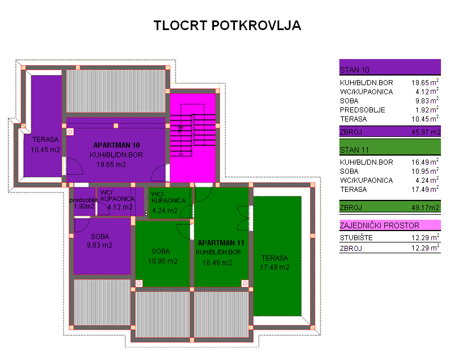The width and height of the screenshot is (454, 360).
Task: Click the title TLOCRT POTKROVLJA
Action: point(228,26)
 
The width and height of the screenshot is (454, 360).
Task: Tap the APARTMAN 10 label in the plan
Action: point(117,145)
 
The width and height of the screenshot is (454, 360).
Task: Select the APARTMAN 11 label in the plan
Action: point(221,242)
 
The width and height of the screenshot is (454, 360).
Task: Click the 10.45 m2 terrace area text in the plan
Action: point(45,150)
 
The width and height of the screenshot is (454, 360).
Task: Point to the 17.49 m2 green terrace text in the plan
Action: point(275,267)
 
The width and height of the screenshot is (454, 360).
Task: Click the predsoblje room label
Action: point(83,200)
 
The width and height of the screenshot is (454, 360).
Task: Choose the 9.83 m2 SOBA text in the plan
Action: point(100,245)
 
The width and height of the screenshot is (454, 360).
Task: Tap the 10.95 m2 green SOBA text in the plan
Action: point(163,261)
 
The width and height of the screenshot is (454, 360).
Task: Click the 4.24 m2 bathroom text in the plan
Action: point(165,211)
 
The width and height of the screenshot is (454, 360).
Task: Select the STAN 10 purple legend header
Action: point(390,67)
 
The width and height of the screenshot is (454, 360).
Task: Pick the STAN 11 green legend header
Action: point(390,147)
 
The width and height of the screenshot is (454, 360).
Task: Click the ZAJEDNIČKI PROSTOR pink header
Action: point(390,225)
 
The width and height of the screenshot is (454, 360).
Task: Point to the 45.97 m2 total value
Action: point(426,132)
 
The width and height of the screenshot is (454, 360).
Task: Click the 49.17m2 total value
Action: point(425,207)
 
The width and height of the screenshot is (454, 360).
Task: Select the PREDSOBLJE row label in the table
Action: point(363,110)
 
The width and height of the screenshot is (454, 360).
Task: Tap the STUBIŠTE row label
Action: point(356,237)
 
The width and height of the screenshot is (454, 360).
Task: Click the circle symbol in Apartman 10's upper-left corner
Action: point(70,132)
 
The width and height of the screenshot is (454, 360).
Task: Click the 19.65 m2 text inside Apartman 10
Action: point(111,165)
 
